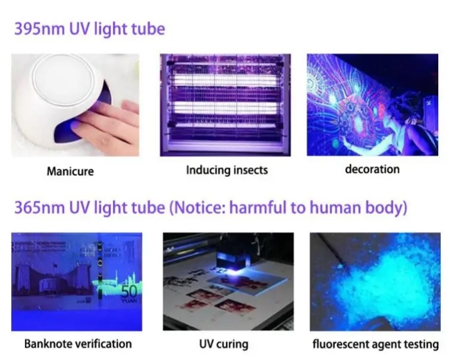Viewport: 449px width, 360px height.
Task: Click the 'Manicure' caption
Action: [70, 172]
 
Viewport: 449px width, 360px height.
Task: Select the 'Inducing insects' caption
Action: [227, 170]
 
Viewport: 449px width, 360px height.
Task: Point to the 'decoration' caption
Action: [372, 169]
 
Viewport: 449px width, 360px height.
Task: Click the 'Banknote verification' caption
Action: [78, 344]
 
